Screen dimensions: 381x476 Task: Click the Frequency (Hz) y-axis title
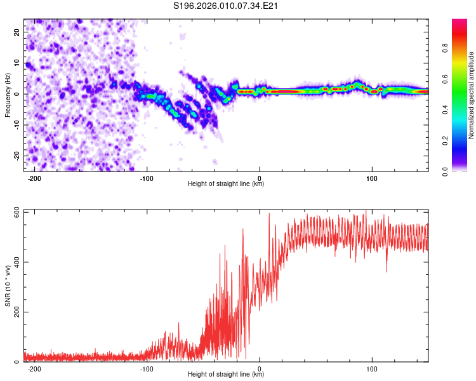click(8, 95)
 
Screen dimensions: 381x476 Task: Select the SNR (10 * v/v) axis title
click(8, 286)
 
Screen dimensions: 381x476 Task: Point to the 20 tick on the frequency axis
click(18, 31)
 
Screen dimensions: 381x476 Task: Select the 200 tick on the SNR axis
click(15, 312)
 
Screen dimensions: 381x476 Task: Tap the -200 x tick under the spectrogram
click(34, 178)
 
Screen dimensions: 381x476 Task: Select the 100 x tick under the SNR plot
click(372, 368)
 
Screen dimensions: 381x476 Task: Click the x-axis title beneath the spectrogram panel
click(226, 184)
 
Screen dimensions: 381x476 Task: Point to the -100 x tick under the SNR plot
click(147, 368)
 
